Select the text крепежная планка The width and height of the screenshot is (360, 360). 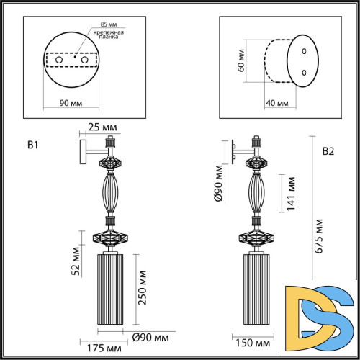pos(107,37)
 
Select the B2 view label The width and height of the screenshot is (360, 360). pos(328,151)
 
